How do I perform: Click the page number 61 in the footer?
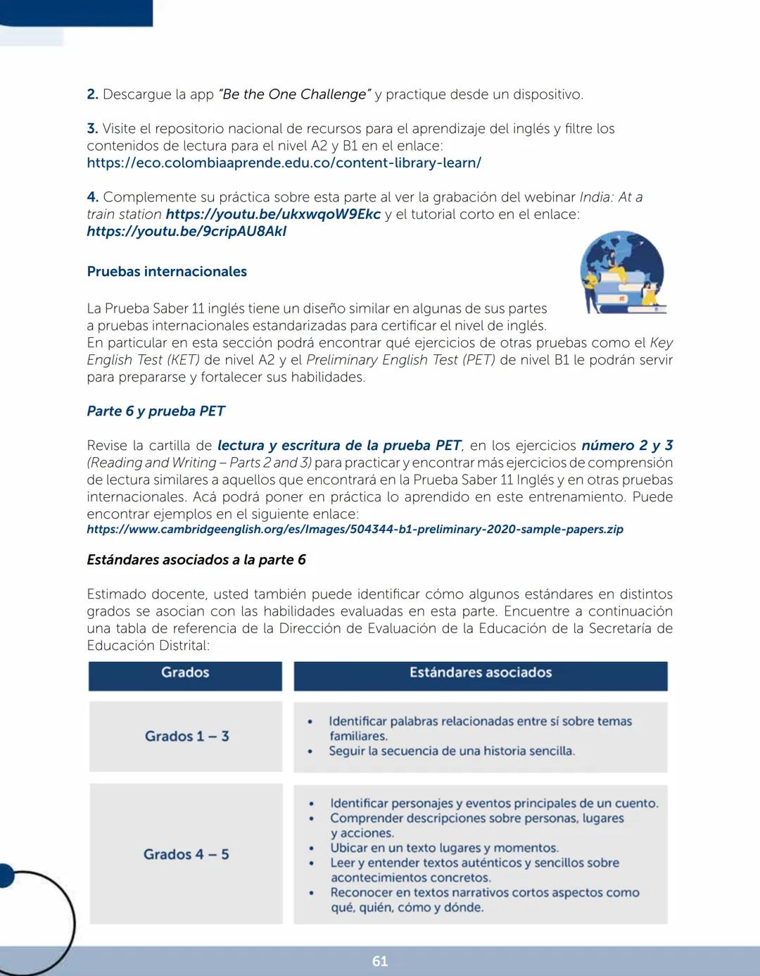[x=380, y=961]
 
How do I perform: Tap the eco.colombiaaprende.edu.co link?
[x=284, y=163]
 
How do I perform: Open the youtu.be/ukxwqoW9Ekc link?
[x=273, y=214]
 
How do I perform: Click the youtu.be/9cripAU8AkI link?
[x=186, y=231]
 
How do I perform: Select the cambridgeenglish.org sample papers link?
[x=355, y=529]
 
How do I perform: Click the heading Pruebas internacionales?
[x=167, y=271]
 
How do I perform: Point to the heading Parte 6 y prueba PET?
[x=156, y=411]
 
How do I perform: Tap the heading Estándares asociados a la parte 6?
[x=196, y=559]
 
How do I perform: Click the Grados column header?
[x=185, y=672]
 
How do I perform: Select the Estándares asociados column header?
[x=481, y=672]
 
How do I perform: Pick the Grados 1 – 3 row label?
[x=186, y=736]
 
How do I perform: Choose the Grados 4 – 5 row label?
[x=186, y=854]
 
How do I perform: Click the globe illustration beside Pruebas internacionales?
[x=622, y=273]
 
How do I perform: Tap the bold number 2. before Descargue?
[x=92, y=94]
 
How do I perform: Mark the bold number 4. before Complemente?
[x=92, y=197]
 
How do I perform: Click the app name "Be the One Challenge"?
[x=294, y=94]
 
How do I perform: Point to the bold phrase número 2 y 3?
[x=626, y=445]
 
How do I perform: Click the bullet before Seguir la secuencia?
[x=310, y=751]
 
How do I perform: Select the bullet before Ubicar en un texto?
[x=312, y=849]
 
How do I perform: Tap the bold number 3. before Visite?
[x=92, y=129]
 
